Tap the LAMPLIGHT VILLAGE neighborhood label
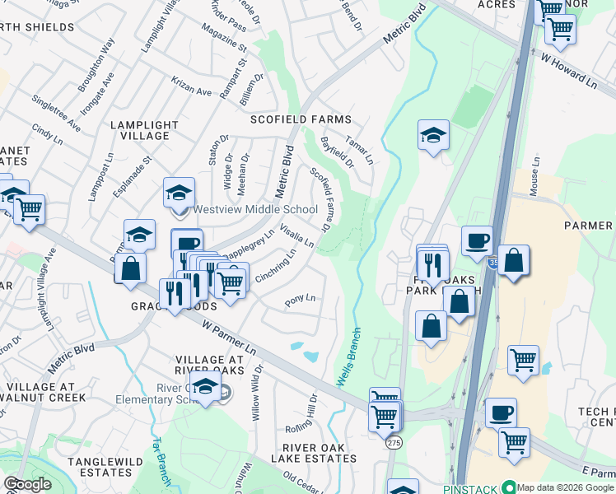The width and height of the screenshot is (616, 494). pos(144,130)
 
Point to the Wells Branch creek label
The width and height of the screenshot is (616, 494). pos(349,363)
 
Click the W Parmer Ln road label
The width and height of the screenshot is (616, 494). pos(230,337)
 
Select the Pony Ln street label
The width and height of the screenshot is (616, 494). pos(300,301)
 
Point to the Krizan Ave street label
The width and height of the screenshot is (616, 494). pos(192,90)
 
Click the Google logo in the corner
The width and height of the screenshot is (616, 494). pos(27,484)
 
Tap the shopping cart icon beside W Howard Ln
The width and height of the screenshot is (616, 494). pos(560,30)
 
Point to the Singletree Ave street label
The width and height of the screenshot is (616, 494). pos(56,114)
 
